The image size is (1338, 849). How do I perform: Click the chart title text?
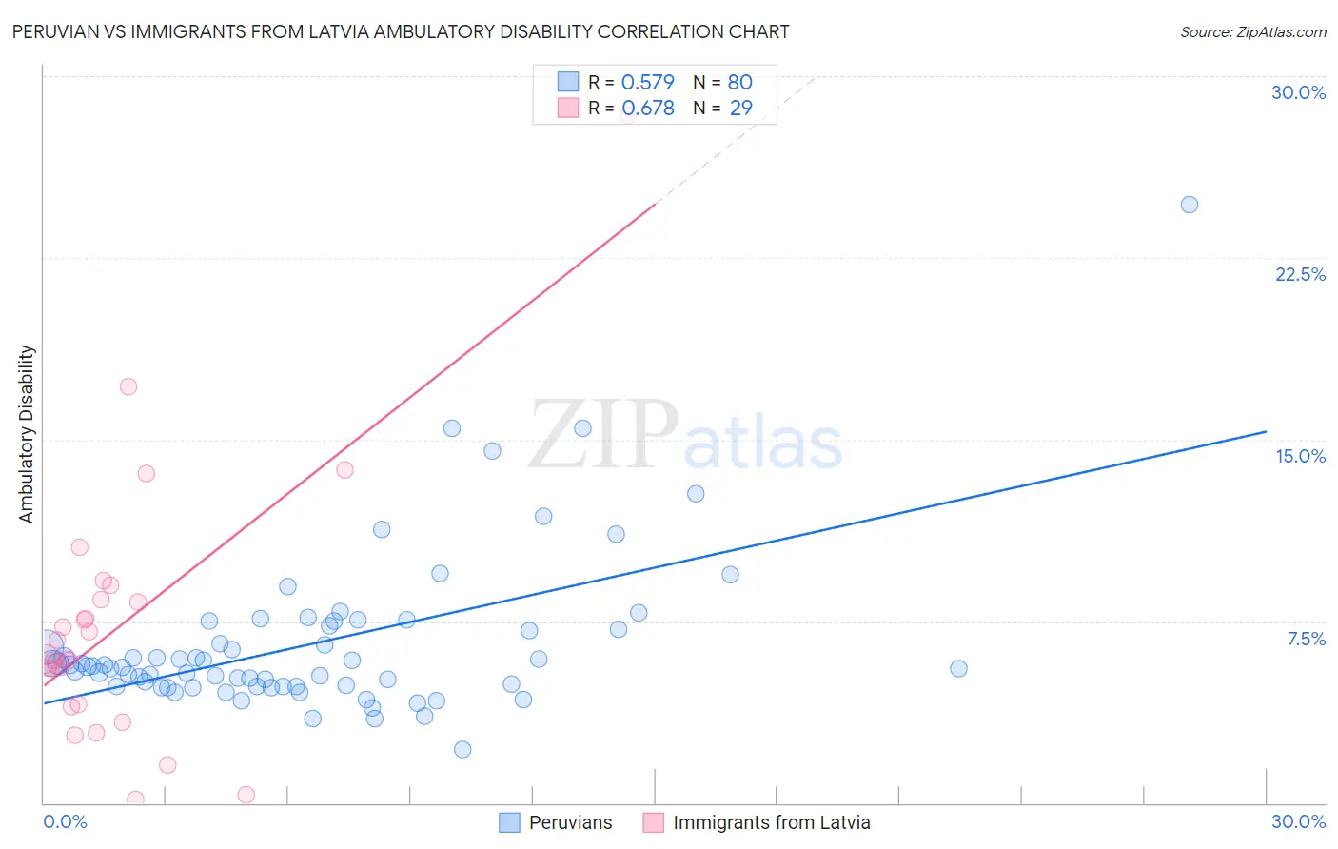pyautogui.click(x=400, y=32)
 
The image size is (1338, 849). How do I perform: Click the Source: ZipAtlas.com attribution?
pyautogui.click(x=1252, y=32)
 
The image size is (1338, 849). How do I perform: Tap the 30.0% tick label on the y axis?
pyautogui.click(x=1298, y=92)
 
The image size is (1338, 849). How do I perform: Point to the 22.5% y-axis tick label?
pyautogui.click(x=1300, y=274)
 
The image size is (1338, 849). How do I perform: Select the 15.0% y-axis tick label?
pyautogui.click(x=1300, y=456)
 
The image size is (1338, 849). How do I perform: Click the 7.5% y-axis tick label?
pyautogui.click(x=1306, y=639)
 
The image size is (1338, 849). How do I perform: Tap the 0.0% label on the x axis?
pyautogui.click(x=65, y=821)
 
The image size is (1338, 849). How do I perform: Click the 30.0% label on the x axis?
pyautogui.click(x=1298, y=821)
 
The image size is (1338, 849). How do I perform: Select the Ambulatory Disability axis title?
pyautogui.click(x=27, y=434)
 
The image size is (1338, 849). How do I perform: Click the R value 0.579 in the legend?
pyautogui.click(x=647, y=82)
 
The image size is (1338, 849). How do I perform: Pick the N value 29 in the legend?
pyautogui.click(x=740, y=108)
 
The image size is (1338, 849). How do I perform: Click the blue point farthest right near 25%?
pyautogui.click(x=1189, y=205)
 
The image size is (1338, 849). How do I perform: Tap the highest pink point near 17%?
pyautogui.click(x=128, y=386)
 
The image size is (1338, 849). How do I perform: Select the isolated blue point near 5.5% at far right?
pyautogui.click(x=958, y=669)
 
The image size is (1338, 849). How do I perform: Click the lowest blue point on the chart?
pyautogui.click(x=462, y=749)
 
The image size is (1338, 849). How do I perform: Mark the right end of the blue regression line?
pyautogui.click(x=1266, y=431)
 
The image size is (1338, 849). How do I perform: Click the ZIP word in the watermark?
pyautogui.click(x=602, y=435)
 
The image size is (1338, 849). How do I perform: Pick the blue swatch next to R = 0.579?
pyautogui.click(x=568, y=82)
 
